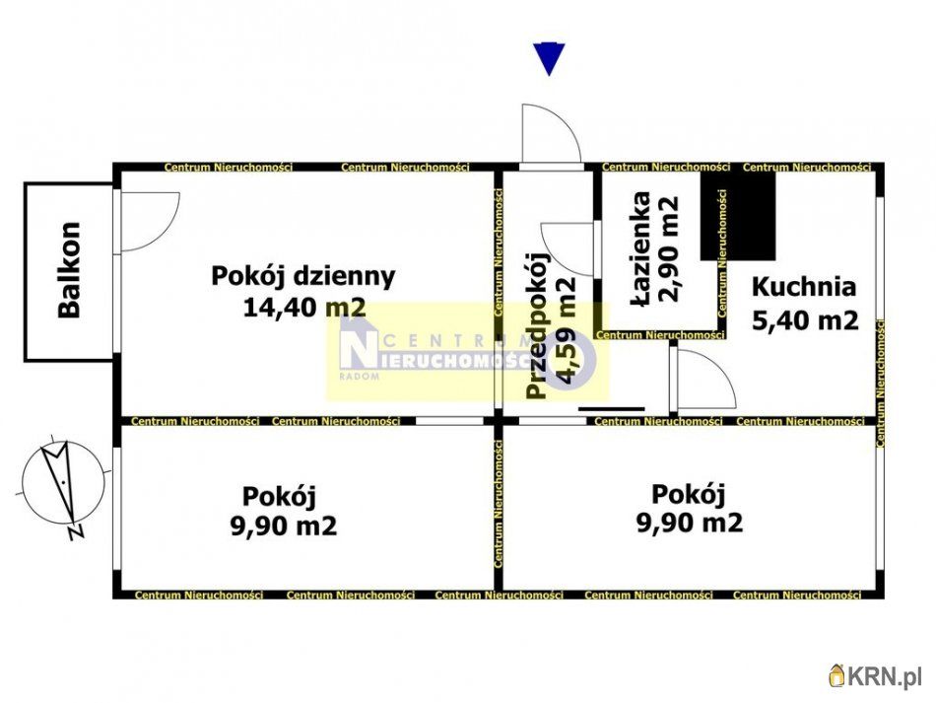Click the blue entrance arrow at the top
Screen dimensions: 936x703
[549, 58]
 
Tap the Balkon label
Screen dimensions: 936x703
[69, 269]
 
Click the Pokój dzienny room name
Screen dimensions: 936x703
[303, 277]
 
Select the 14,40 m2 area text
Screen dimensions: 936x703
[304, 308]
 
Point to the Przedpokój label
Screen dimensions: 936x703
[538, 326]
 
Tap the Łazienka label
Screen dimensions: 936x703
[641, 249]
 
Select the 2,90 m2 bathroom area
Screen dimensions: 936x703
[669, 249]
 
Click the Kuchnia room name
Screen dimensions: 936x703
[803, 287]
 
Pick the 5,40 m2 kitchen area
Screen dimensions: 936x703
[805, 320]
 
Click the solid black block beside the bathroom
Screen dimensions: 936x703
[738, 216]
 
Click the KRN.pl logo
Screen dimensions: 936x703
[875, 676]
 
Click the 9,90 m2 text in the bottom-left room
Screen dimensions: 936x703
[284, 526]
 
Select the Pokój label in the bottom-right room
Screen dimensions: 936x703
[689, 495]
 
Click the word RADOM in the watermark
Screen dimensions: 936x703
[359, 377]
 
